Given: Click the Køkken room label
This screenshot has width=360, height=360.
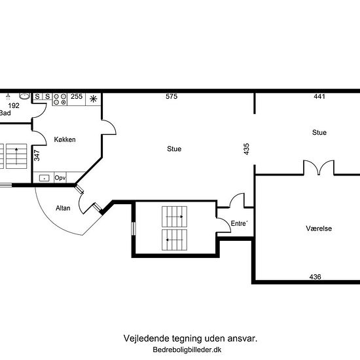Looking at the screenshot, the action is coord(65,139).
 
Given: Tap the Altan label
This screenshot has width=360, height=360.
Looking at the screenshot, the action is coord(63,208).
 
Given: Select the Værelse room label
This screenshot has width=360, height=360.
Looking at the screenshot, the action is coord(319,228).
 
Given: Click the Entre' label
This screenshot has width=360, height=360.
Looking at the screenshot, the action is coord(239,223).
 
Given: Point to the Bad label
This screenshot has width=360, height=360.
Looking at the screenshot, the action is coord(5,113).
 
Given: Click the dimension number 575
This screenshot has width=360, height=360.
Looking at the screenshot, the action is coord(171,96).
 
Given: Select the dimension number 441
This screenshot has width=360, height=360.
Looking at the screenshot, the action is coord(319,96).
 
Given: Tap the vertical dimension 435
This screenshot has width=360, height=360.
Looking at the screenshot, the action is coord(246,149).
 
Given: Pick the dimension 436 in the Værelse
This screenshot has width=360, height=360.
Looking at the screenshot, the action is coord(315,277).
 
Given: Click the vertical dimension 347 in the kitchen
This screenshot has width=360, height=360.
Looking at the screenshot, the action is coord(37,155).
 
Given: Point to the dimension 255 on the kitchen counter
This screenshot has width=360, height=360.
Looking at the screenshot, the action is coord(77,96).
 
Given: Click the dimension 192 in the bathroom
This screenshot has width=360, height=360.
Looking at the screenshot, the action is coord(14,105).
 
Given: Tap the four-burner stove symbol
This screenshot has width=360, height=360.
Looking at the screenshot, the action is coord(60,99).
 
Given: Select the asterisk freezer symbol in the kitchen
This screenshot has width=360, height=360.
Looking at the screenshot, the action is coord(93,99).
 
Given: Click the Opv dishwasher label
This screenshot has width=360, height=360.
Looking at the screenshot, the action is coord(60,177).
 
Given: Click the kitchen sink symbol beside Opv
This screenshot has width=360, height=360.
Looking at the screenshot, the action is coord(44,178).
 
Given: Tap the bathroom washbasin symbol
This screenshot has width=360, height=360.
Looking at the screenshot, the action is coord(24,96).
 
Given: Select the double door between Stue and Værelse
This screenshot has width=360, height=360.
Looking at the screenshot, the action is coord(319,168).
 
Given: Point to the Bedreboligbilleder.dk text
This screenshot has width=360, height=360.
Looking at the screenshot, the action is coord(187,350).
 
